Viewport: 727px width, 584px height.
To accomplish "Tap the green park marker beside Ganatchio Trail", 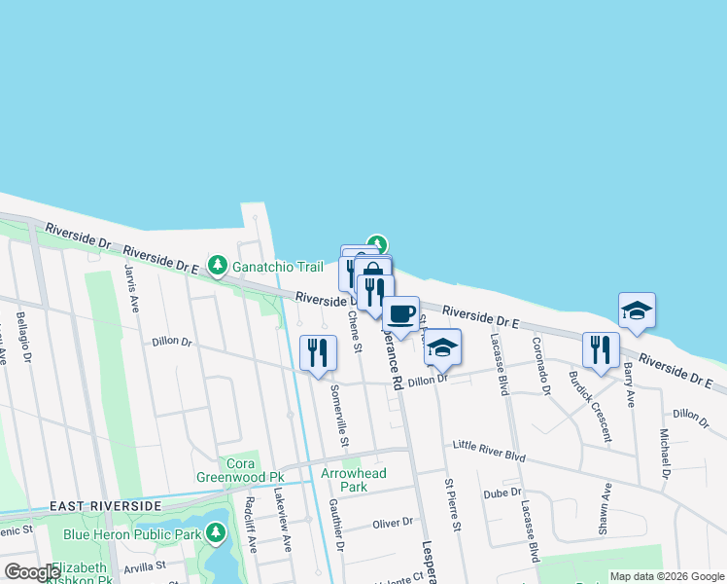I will coord(219,265).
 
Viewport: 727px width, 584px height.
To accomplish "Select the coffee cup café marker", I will coord(399,314).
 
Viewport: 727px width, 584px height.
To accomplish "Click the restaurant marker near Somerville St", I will coord(318,352).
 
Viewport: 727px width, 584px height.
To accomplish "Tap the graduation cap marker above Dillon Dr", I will coord(442,347).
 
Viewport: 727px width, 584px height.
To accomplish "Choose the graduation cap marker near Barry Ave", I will coord(637,310).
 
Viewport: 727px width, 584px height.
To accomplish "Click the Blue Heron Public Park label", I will coord(131,534).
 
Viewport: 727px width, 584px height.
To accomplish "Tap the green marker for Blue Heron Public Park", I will coord(215,533).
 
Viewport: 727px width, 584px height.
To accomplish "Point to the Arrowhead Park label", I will coord(354,480).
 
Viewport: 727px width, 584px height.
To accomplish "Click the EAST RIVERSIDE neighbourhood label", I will coord(105,507).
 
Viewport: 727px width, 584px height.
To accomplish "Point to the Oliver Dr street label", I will coord(393,524).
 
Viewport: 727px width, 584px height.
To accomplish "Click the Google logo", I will coord(32,572).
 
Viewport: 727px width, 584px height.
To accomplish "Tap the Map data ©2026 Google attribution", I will coord(666,576).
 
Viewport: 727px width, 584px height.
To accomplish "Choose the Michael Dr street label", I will coord(666,454).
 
